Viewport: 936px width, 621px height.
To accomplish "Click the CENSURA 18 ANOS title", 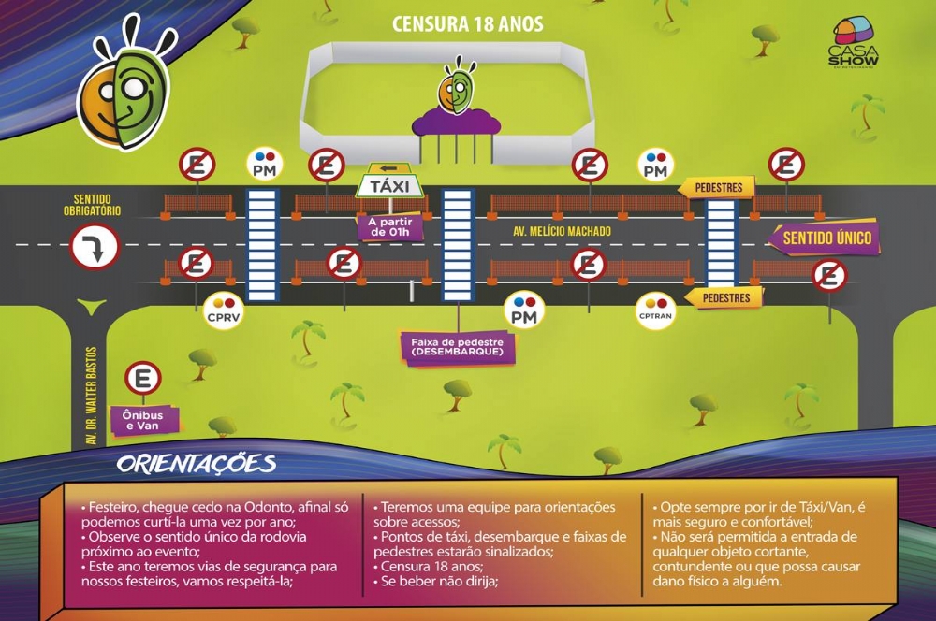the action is [x=467, y=24].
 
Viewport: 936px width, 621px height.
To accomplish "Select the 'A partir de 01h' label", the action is [x=390, y=227].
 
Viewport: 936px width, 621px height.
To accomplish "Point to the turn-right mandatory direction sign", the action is [x=95, y=246].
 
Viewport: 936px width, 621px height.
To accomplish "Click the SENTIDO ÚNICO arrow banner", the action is [x=823, y=238].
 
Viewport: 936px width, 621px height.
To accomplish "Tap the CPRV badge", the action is [x=224, y=310].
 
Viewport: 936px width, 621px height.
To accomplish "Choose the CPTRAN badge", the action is [x=655, y=310].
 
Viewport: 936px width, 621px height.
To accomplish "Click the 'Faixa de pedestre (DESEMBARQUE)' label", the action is [x=458, y=347].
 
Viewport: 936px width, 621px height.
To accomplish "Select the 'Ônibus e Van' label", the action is [x=142, y=420].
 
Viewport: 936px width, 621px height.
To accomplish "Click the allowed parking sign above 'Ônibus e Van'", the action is [x=142, y=379].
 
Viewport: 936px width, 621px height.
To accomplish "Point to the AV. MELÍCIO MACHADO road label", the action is [x=562, y=231].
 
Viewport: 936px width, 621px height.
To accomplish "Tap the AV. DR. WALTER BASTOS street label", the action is [x=92, y=396].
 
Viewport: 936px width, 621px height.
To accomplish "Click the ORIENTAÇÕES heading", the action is [x=197, y=464].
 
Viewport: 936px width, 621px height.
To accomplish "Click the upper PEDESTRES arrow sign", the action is [x=716, y=188].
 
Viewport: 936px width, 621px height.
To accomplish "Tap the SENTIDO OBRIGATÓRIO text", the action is [x=92, y=205].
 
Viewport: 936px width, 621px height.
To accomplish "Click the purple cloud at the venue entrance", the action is [x=456, y=123].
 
